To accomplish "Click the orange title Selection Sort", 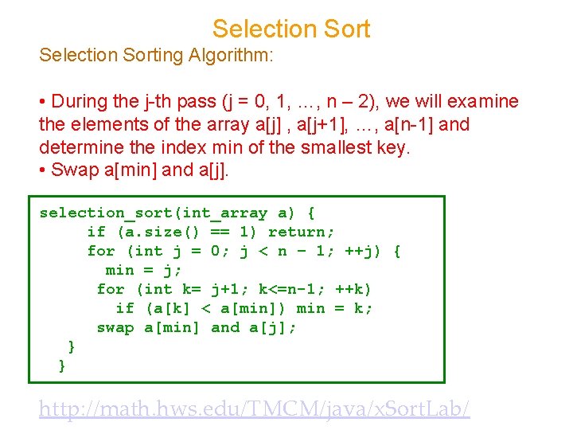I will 291,29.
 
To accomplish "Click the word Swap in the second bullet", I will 70,170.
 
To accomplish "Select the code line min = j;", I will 143,270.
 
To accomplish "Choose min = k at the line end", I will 334,308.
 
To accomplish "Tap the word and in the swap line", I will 225,327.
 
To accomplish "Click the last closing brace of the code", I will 63,365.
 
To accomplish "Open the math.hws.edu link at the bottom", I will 255,409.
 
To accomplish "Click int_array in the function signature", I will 225,213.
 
